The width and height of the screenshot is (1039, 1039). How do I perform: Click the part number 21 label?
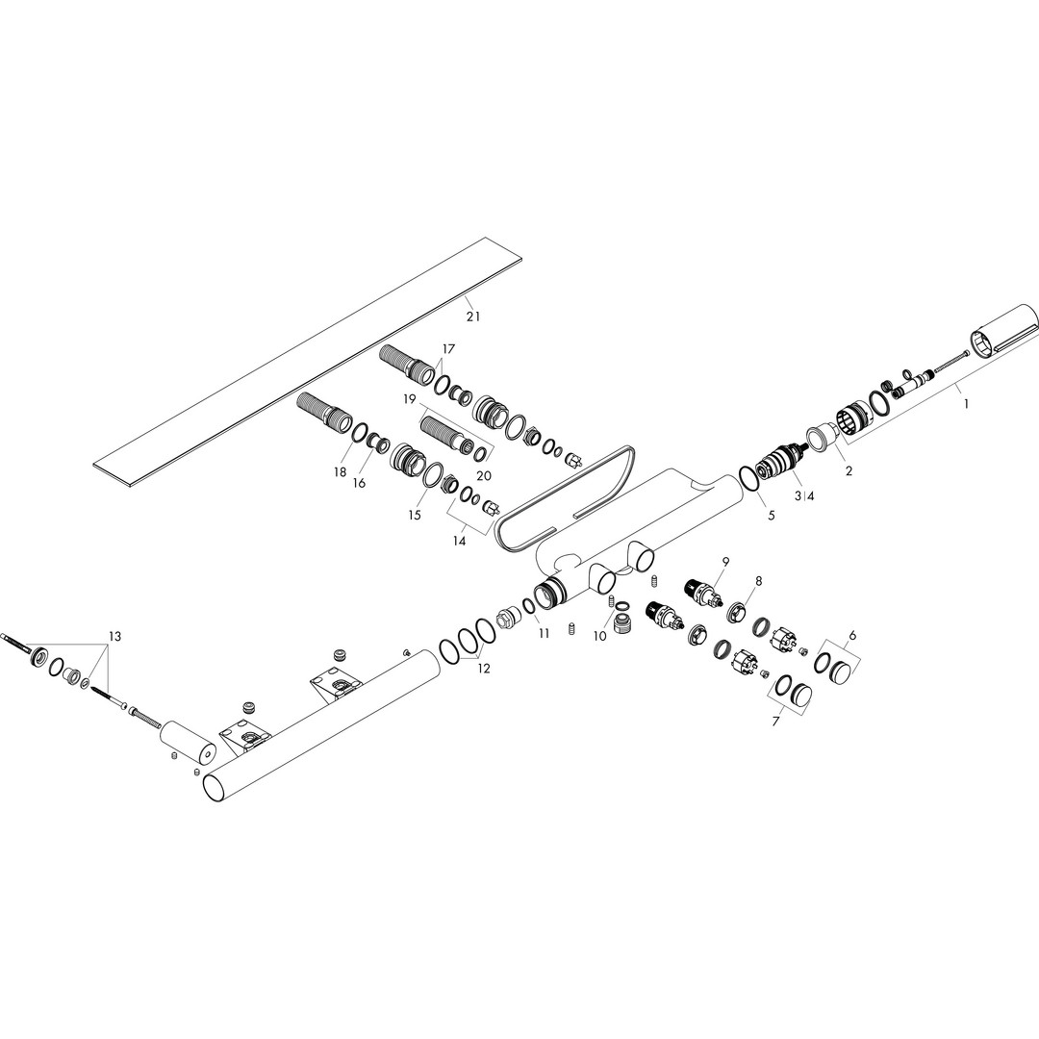(x=472, y=317)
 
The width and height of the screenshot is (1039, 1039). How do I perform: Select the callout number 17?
(x=449, y=348)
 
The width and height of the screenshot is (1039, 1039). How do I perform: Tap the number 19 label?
(x=409, y=399)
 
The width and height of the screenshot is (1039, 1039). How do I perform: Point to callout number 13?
(x=114, y=637)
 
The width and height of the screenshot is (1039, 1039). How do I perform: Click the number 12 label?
(x=484, y=669)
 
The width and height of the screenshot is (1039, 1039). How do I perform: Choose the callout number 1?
(x=966, y=403)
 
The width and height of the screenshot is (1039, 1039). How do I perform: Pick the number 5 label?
(x=771, y=515)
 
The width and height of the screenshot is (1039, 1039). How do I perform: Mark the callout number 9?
(x=725, y=561)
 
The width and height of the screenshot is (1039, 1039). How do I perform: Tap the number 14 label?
(x=459, y=541)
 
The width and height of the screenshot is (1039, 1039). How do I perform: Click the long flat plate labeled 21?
(x=306, y=354)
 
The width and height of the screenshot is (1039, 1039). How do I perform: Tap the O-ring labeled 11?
(x=529, y=606)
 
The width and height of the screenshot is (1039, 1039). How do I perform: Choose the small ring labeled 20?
(x=484, y=453)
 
